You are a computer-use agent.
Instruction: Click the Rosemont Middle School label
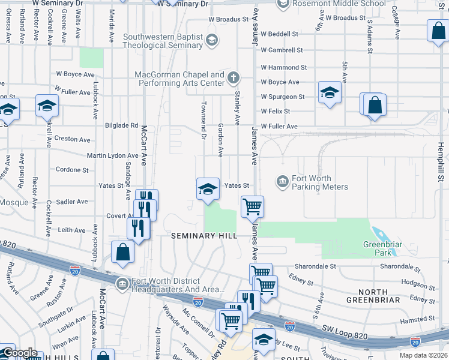(x=339, y=4)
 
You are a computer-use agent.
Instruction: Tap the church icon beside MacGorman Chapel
(x=233, y=77)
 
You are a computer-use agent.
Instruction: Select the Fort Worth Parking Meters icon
(x=282, y=181)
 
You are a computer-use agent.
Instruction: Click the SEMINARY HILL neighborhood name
(x=201, y=236)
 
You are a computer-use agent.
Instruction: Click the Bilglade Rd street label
(x=121, y=125)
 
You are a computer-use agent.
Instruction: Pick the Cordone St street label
(x=72, y=170)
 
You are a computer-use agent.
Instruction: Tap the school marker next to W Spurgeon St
(x=330, y=93)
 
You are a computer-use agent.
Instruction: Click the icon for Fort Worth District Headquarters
(x=122, y=283)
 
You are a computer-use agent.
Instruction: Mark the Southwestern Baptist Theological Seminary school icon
(x=211, y=41)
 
